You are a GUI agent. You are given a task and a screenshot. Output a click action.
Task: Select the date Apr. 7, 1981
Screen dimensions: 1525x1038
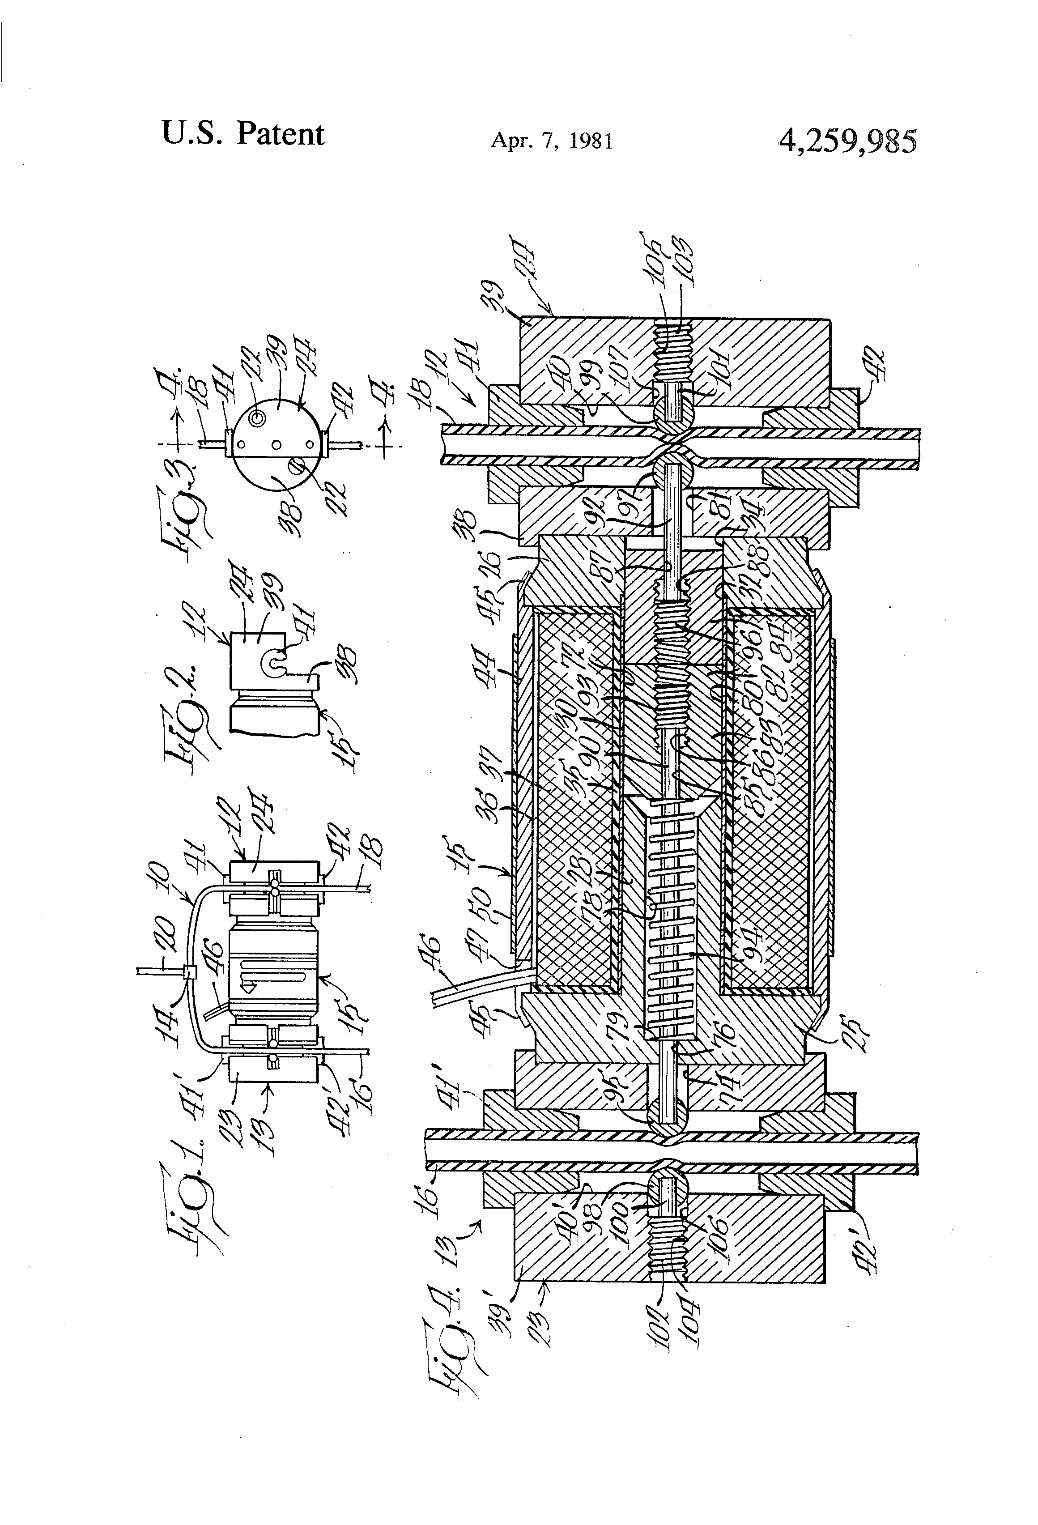click(x=552, y=141)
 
